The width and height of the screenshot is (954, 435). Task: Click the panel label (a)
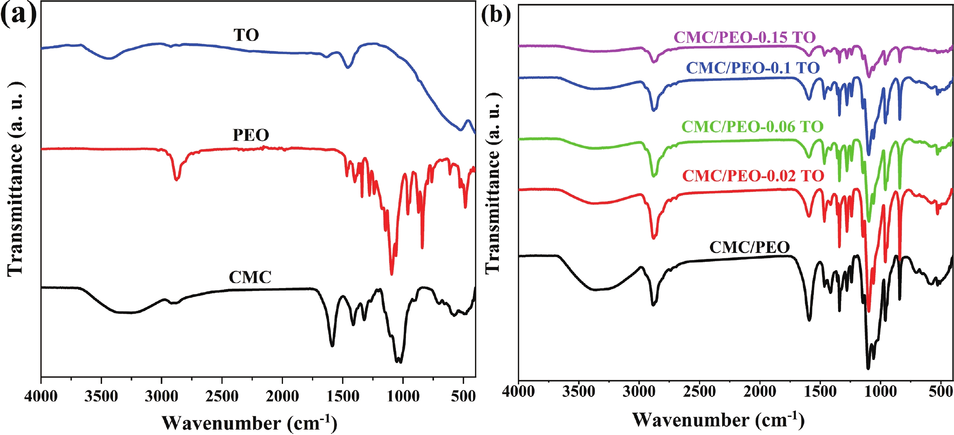tap(19, 15)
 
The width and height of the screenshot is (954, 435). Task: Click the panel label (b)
tap(496, 15)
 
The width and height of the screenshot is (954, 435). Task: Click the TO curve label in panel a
tap(246, 35)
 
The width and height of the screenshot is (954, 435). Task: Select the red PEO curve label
tap(251, 135)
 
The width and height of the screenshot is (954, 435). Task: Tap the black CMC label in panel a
tap(250, 277)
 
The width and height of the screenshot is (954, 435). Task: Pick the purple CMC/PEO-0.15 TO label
tap(745, 37)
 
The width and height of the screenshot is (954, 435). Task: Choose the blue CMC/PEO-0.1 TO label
tap(753, 68)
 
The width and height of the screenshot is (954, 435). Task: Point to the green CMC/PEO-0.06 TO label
tap(752, 127)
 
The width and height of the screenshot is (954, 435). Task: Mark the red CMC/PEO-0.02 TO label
tap(753, 176)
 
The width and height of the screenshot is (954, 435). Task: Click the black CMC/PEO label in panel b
tap(749, 247)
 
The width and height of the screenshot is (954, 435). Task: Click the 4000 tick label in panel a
tap(41, 396)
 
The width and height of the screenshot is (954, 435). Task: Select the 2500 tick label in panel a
tap(222, 396)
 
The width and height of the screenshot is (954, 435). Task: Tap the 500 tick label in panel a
tap(463, 396)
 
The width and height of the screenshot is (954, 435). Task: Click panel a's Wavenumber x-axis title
tap(249, 423)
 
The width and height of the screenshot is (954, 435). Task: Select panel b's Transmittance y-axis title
tap(492, 183)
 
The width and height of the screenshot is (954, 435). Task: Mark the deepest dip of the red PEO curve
tap(391, 274)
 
